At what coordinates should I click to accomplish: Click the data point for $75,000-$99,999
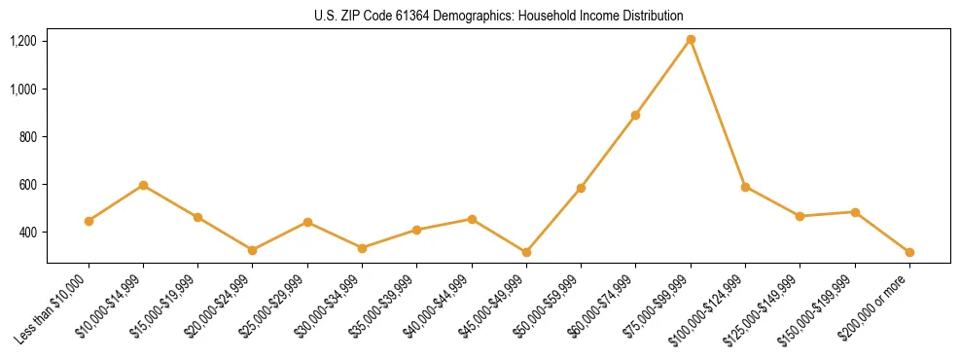click(x=691, y=40)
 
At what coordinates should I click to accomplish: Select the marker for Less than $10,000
click(x=89, y=221)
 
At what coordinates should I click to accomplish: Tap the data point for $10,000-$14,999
click(x=143, y=185)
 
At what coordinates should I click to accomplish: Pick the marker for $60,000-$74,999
click(x=635, y=115)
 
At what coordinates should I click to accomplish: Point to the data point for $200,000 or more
click(x=909, y=252)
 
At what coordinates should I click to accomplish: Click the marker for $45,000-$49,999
click(x=526, y=252)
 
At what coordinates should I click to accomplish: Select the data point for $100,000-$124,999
click(x=745, y=187)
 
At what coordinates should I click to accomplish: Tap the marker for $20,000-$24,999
click(x=253, y=250)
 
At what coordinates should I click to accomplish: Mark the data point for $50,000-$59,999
click(x=581, y=188)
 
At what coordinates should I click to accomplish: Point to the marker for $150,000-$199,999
click(x=855, y=212)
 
